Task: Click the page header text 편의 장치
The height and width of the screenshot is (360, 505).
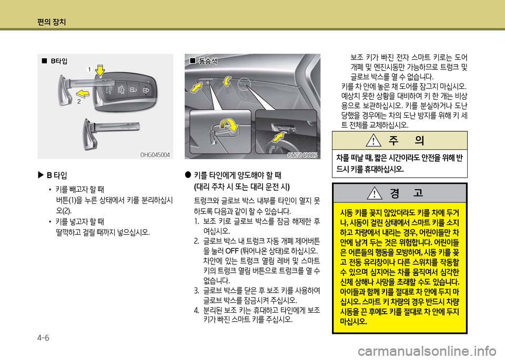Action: (x=52, y=22)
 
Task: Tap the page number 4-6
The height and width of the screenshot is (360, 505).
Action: (x=43, y=338)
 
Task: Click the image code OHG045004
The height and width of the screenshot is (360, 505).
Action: (x=155, y=155)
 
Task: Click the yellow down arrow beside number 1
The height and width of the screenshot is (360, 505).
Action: (x=100, y=70)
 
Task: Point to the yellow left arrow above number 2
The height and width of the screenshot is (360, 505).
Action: (x=83, y=94)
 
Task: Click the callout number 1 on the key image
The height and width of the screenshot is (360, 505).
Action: (x=89, y=69)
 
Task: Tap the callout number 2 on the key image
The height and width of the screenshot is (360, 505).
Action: (x=79, y=102)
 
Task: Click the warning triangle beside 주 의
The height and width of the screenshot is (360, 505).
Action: (x=373, y=140)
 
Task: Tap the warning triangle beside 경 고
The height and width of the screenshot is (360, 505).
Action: (x=375, y=193)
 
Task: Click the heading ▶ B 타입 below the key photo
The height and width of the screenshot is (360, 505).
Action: (x=53, y=176)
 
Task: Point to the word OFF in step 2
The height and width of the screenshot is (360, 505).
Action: (x=232, y=251)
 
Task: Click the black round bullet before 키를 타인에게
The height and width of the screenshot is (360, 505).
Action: (x=188, y=174)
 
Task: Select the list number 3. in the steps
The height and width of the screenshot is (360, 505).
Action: (x=197, y=291)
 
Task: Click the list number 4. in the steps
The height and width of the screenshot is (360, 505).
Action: (x=197, y=311)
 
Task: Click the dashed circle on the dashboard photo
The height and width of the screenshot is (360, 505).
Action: (x=244, y=84)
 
